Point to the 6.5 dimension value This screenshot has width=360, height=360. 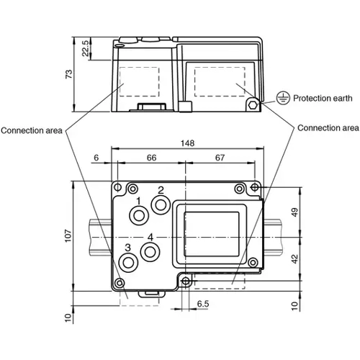point(203,305)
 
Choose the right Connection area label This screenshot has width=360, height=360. point(328,127)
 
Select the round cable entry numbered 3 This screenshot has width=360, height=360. point(128,262)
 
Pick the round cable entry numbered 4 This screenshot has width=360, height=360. point(150,251)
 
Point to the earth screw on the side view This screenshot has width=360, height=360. point(253,105)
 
